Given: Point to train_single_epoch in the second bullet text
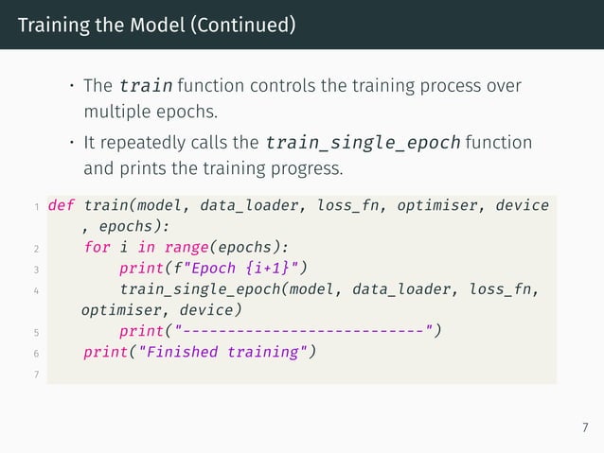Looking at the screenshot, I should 363,143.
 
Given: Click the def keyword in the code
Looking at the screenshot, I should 62,205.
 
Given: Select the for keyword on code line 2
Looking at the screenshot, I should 97,248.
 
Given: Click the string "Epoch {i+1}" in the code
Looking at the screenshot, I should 249,269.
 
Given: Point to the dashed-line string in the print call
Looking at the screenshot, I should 308,331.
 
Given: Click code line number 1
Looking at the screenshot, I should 34,206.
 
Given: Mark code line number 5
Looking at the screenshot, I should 34,332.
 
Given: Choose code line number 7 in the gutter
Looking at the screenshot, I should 34,374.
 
